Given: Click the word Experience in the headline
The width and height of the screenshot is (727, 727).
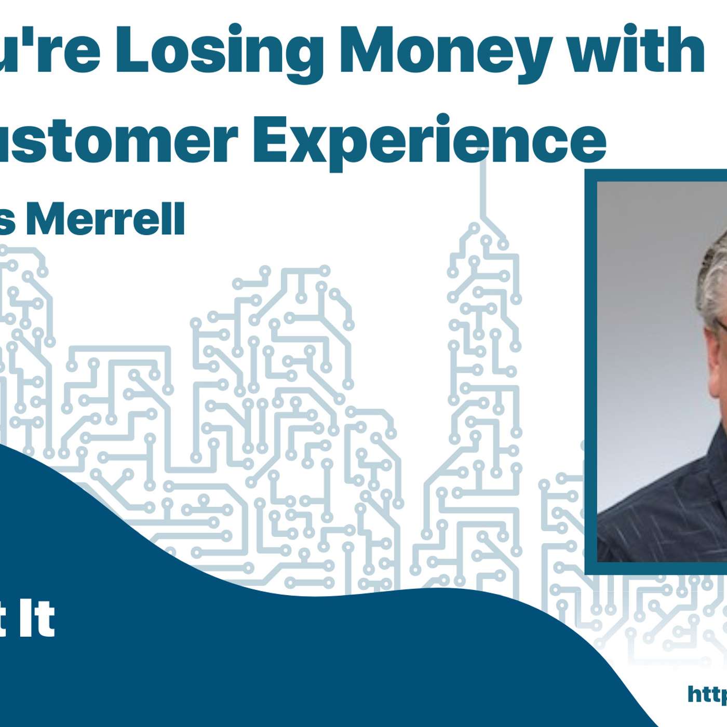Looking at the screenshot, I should coord(429,140).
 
